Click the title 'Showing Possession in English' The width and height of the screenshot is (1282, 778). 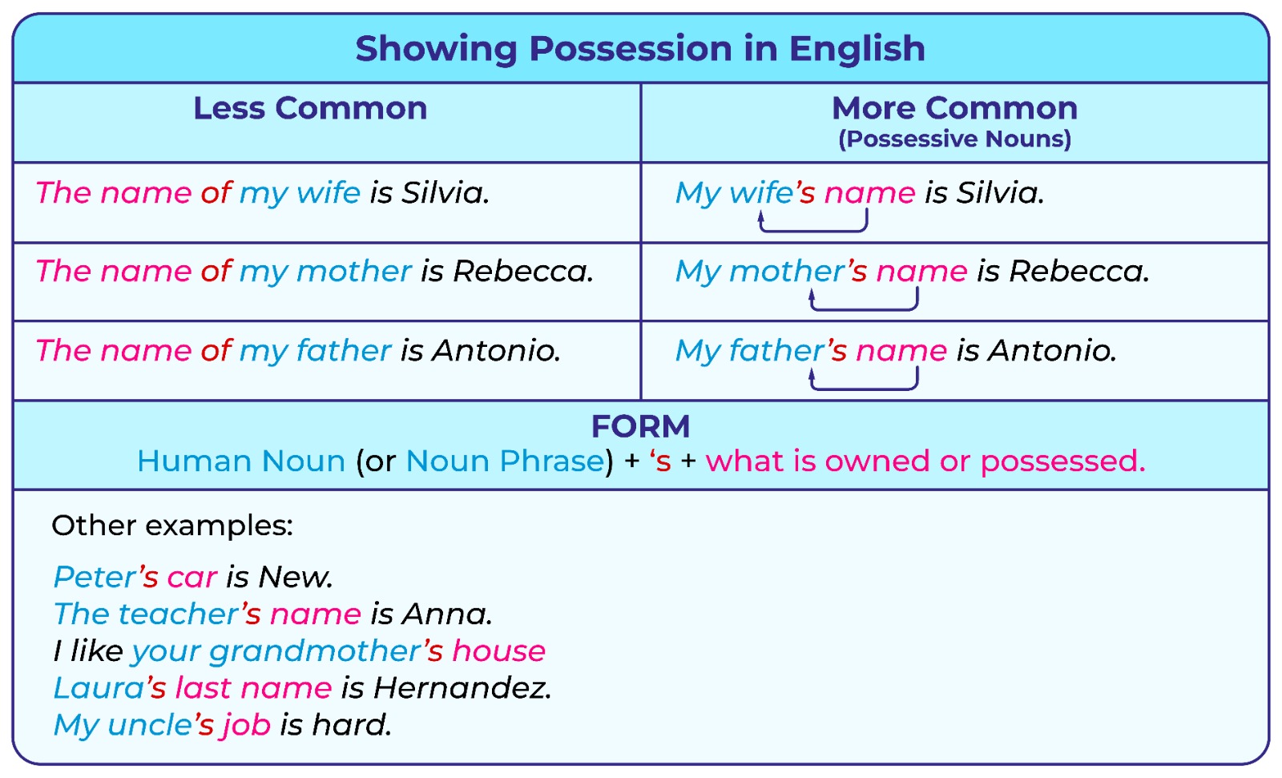click(640, 49)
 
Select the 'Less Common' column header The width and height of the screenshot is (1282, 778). click(310, 108)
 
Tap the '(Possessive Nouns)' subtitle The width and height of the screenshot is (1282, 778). click(954, 139)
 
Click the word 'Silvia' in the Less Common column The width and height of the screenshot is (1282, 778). click(445, 192)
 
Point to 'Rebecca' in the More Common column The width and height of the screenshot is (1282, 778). click(1078, 271)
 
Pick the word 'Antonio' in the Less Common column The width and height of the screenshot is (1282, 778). click(496, 350)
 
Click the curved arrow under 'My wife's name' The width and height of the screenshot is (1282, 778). click(813, 230)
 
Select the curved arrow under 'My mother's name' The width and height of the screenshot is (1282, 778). click(865, 309)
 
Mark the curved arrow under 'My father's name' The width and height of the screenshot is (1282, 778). click(865, 389)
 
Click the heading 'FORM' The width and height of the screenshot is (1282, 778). click(640, 426)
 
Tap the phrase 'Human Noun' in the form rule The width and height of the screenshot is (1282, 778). click(241, 461)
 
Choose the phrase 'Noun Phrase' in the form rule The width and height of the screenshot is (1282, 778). click(506, 462)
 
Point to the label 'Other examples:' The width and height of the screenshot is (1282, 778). click(172, 526)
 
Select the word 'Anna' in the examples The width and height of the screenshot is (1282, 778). click(446, 614)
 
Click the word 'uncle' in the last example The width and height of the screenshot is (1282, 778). click(149, 725)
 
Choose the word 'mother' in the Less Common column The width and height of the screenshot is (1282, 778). click(353, 271)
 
